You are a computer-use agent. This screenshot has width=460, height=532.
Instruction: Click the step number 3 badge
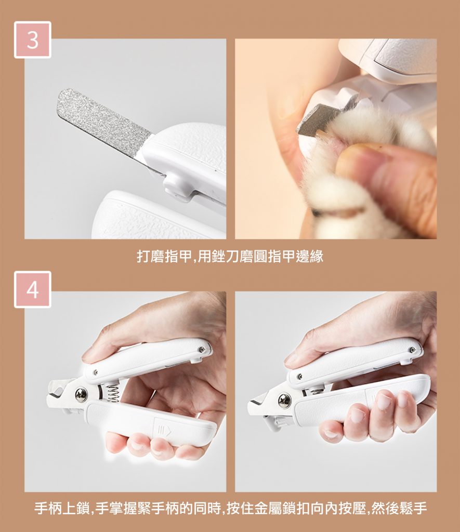33,39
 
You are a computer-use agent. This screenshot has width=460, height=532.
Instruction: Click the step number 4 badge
33,289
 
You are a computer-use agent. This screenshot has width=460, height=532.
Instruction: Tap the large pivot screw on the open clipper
81,395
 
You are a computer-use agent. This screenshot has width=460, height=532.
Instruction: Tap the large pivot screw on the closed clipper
284,401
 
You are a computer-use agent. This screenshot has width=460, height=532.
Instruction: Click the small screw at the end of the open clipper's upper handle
201,349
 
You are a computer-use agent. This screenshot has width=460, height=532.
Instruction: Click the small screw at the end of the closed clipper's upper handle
412,350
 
